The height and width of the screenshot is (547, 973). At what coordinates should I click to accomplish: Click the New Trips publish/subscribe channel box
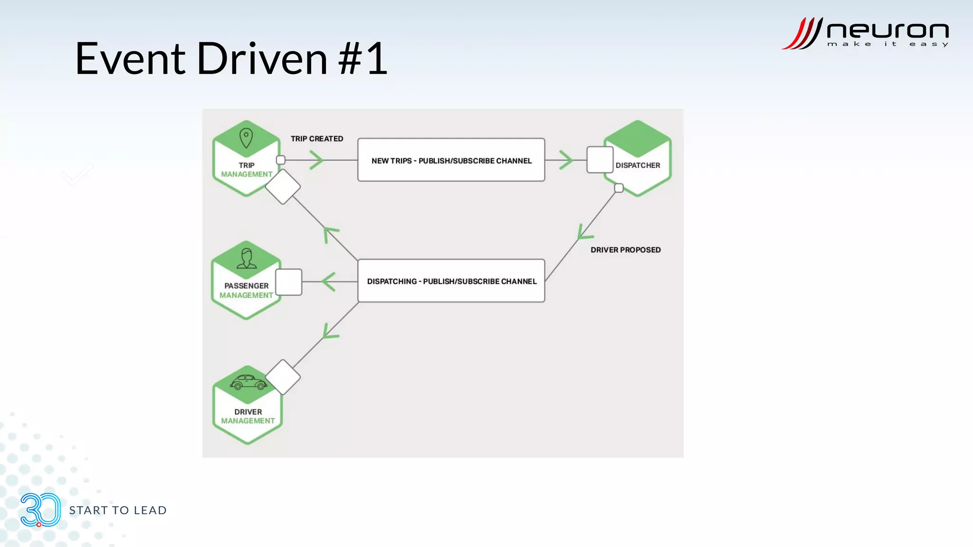(x=451, y=160)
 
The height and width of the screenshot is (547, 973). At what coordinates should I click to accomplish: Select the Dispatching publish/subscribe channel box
(x=451, y=281)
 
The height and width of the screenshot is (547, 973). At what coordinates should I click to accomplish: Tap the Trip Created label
(x=316, y=139)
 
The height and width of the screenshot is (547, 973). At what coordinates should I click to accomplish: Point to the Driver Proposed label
(x=625, y=250)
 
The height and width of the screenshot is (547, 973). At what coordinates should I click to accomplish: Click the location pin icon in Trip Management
(x=246, y=138)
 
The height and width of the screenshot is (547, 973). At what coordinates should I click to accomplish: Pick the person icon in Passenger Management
(x=246, y=258)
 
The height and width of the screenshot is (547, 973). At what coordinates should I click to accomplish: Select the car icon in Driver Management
(x=248, y=382)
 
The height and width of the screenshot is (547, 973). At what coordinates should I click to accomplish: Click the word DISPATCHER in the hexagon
(x=638, y=165)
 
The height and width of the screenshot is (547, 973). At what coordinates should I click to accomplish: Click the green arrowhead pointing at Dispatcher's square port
(x=566, y=160)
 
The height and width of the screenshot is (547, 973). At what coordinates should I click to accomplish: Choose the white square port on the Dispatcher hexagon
(x=600, y=160)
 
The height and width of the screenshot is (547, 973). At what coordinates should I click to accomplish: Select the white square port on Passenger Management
(x=288, y=282)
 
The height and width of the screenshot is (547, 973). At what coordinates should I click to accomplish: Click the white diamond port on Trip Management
(x=283, y=187)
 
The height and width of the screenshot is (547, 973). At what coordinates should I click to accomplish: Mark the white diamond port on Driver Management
(x=283, y=377)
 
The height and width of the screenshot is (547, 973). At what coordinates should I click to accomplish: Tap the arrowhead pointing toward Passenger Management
(x=329, y=282)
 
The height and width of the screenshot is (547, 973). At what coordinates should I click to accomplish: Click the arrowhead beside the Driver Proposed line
(x=583, y=233)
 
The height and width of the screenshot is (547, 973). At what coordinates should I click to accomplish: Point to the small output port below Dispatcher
(x=619, y=188)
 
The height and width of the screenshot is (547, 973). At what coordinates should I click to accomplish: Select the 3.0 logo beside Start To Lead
(x=40, y=510)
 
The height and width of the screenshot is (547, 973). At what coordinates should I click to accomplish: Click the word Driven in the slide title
(x=262, y=59)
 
